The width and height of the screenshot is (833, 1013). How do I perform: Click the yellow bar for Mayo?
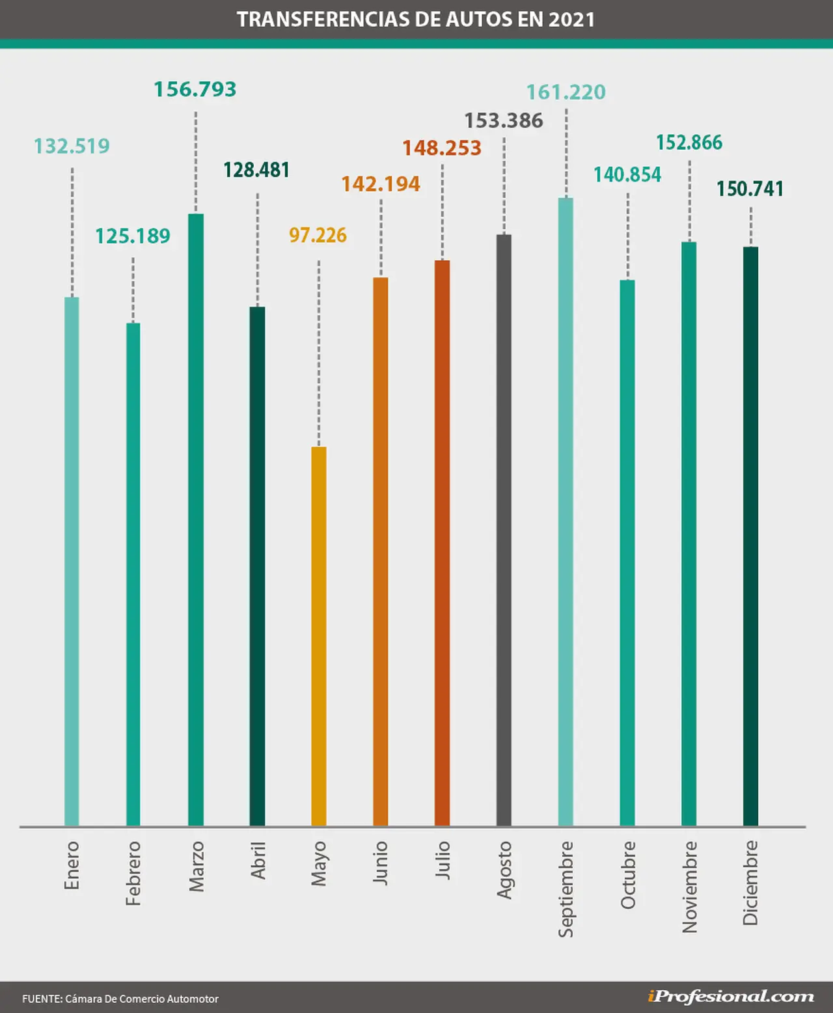(319, 637)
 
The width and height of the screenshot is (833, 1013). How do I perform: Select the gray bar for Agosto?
(504, 531)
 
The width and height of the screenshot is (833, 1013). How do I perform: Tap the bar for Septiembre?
(566, 512)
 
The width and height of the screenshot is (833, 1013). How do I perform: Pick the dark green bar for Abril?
(257, 566)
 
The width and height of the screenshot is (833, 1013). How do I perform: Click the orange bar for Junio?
(380, 552)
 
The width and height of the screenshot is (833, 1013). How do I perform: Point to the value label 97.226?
(318, 236)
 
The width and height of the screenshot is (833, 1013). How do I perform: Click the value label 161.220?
(566, 92)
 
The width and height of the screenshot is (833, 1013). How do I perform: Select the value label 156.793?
(195, 89)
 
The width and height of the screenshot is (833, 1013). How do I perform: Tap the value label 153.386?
(504, 120)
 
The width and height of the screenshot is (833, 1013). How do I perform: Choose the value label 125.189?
(133, 236)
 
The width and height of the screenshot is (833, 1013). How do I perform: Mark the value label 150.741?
(750, 189)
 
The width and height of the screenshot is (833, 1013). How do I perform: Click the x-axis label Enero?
(72, 865)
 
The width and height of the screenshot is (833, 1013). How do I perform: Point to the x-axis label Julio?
(442, 860)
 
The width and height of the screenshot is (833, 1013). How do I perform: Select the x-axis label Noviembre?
(689, 887)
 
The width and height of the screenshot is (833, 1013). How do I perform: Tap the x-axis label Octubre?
(628, 875)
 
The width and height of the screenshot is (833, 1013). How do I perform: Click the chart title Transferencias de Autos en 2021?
(416, 20)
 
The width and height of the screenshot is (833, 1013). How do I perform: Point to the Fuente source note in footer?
(120, 999)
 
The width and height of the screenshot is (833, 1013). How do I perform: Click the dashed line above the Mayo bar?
(319, 354)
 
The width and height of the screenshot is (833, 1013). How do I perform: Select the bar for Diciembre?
(750, 536)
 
